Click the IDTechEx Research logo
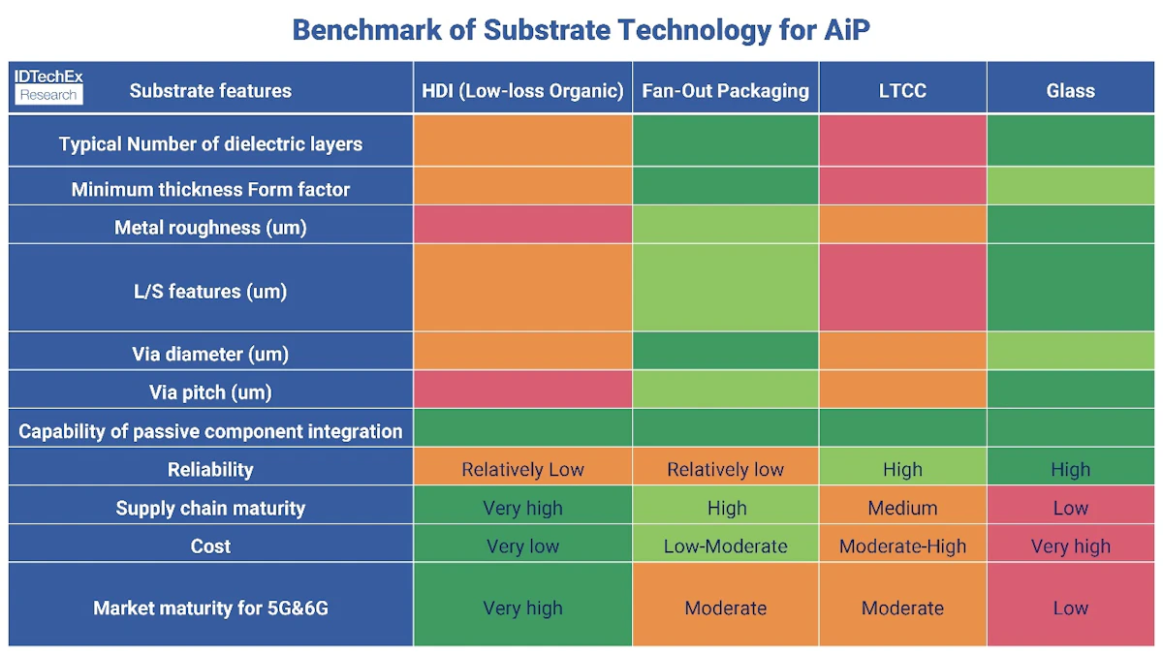coord(48,86)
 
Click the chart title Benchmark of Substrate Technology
coord(581,29)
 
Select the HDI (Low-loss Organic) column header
coord(522,91)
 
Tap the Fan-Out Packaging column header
coord(725,91)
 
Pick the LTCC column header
coord(902,91)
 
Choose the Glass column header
coord(1070,91)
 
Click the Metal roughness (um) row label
coord(210,228)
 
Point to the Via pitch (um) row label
coord(210,392)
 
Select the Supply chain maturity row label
coord(210,508)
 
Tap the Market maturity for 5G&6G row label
coord(210,608)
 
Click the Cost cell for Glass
coord(1070,546)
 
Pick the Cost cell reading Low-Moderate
coord(725,546)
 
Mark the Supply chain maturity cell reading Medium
coord(902,508)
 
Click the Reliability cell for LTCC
coord(902,470)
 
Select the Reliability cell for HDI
coord(522,470)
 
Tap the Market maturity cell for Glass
coord(1070,608)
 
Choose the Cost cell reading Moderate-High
coord(902,546)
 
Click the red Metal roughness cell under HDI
coord(522,225)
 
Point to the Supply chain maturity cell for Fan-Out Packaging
coord(725,508)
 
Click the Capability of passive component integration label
coord(210,431)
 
